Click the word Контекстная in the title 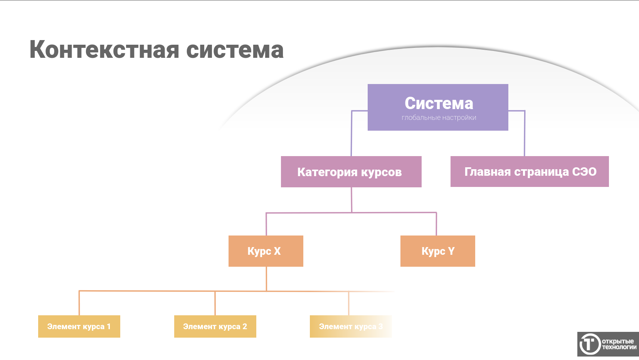point(104,50)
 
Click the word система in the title point(235,50)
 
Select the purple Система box point(438,107)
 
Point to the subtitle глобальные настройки point(439,118)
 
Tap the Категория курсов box point(351,172)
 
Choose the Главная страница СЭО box point(530,172)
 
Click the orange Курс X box point(266,251)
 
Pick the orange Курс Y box point(437,251)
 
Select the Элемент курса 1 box point(79,326)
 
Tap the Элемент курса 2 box point(215,326)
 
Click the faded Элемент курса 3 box point(351,326)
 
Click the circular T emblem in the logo point(590,344)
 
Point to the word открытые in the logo point(618,341)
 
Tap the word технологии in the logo point(619,347)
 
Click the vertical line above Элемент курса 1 point(79,303)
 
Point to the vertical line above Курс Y point(436,224)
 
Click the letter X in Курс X point(277,251)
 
